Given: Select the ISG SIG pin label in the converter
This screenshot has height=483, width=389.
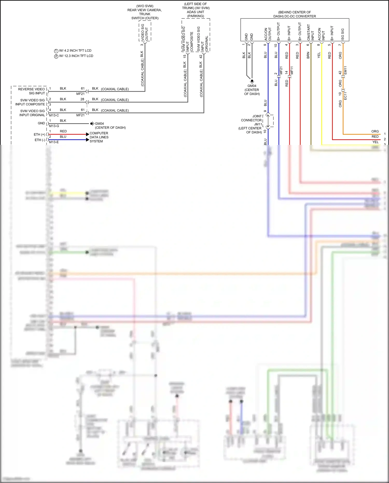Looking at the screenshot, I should coord(343,34).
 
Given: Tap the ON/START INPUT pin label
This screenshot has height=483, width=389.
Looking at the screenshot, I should coord(310,32).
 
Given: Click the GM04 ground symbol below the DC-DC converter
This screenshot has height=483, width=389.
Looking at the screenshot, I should coord(252,81).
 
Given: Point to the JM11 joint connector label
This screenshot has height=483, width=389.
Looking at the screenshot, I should coord(258,124).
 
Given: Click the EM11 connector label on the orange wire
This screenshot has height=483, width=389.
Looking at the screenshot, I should coord(345,70).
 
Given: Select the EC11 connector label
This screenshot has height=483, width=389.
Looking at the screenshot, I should coord(345,96).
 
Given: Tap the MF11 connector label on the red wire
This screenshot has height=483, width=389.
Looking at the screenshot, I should coord(292,70).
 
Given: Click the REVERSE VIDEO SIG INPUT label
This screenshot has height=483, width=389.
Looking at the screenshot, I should coord(31,91).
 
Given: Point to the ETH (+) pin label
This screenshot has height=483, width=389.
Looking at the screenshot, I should coord(39,134).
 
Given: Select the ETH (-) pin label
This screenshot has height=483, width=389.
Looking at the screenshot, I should coord(40,140).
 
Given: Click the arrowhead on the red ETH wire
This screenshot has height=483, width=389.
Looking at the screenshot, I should coord(87,134).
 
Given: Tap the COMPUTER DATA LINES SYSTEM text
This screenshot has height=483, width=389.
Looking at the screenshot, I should coord(99,137).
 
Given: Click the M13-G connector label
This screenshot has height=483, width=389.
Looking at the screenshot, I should coord(54,126).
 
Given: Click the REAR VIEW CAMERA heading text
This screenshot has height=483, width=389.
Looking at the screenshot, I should coord(144,10).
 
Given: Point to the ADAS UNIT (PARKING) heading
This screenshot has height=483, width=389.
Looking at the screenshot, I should coord(195,14).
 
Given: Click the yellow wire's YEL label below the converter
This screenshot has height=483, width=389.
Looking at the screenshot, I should coord(319,55).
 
